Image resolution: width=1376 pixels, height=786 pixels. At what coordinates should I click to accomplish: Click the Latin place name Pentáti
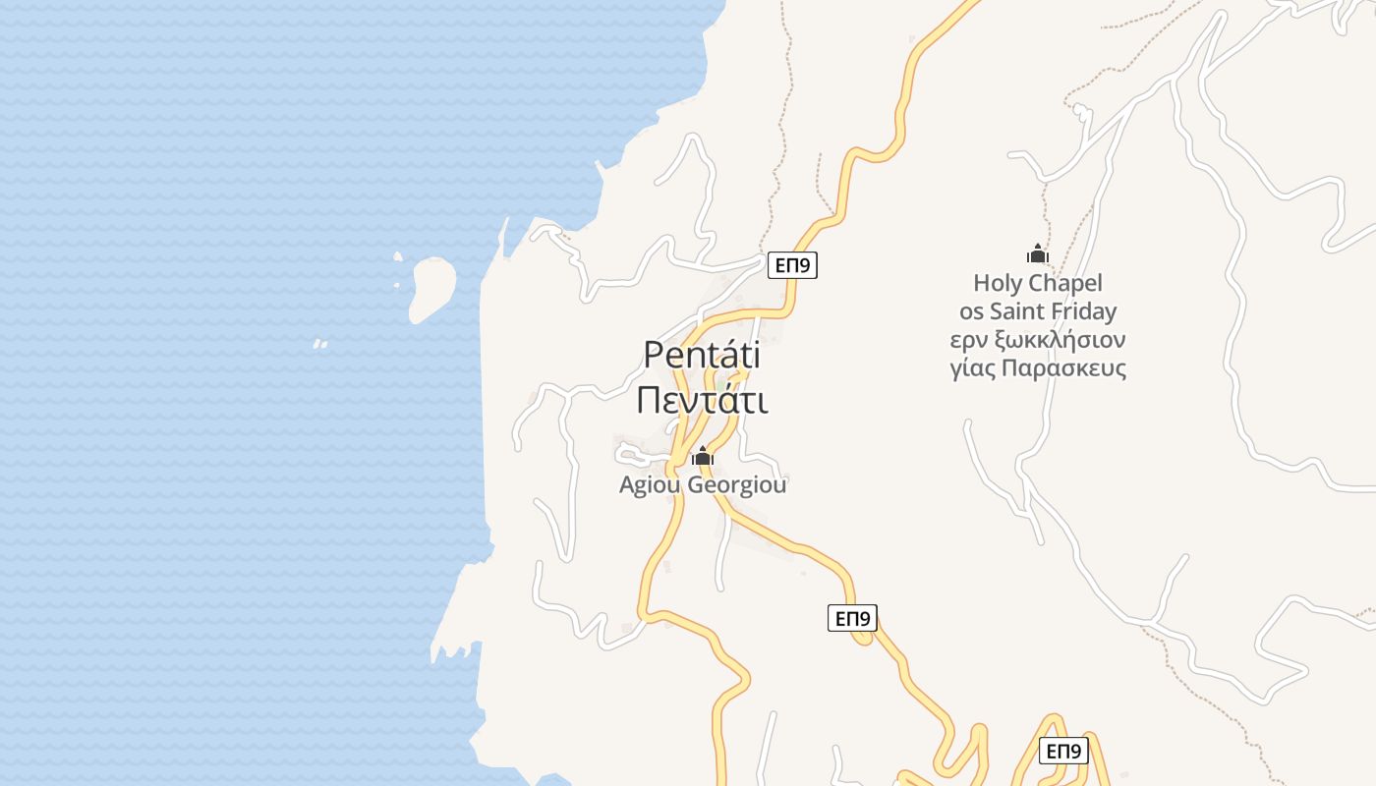point(702,355)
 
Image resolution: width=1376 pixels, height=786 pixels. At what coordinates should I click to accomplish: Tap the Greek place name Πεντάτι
point(702,401)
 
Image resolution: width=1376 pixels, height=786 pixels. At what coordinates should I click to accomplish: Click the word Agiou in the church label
point(648,485)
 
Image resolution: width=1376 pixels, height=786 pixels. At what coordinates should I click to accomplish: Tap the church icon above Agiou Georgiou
point(702,456)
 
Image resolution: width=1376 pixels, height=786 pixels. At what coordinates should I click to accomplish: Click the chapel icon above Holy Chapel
point(1037,254)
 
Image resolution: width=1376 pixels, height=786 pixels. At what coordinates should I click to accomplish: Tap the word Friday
point(1087,312)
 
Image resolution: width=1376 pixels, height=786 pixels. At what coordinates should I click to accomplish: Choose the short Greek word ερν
point(967,341)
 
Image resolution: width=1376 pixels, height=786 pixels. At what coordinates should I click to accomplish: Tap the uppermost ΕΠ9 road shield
point(792,265)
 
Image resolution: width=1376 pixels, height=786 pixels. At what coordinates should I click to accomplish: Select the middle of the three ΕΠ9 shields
point(852,618)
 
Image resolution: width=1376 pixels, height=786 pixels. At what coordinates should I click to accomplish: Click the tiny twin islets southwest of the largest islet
point(319,344)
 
